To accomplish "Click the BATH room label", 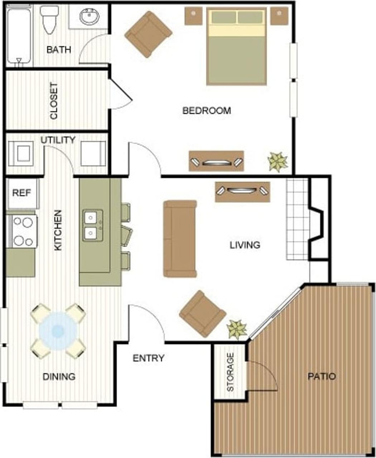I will point(59,49).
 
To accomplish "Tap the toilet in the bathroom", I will point(49,19).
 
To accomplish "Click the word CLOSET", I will point(54,101).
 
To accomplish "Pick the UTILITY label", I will point(58,140).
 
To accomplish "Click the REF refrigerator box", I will point(22,193).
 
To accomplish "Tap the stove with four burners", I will point(22,231).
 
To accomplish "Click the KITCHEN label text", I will point(58,230).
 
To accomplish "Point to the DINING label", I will point(59,376).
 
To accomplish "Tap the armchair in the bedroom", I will point(148,34).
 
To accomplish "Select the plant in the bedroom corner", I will point(278,161).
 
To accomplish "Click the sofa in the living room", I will point(180,239).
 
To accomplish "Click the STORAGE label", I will point(230,372).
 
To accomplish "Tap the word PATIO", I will point(322,376).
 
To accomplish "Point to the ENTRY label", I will point(148,358).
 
